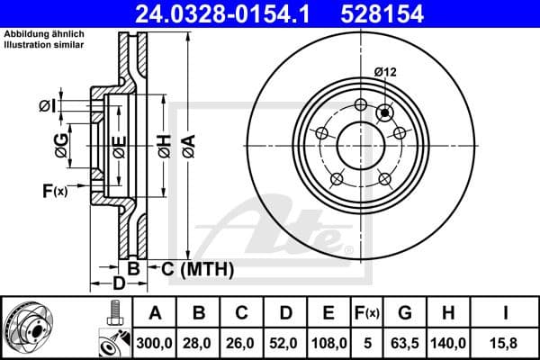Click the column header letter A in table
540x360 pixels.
155,313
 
